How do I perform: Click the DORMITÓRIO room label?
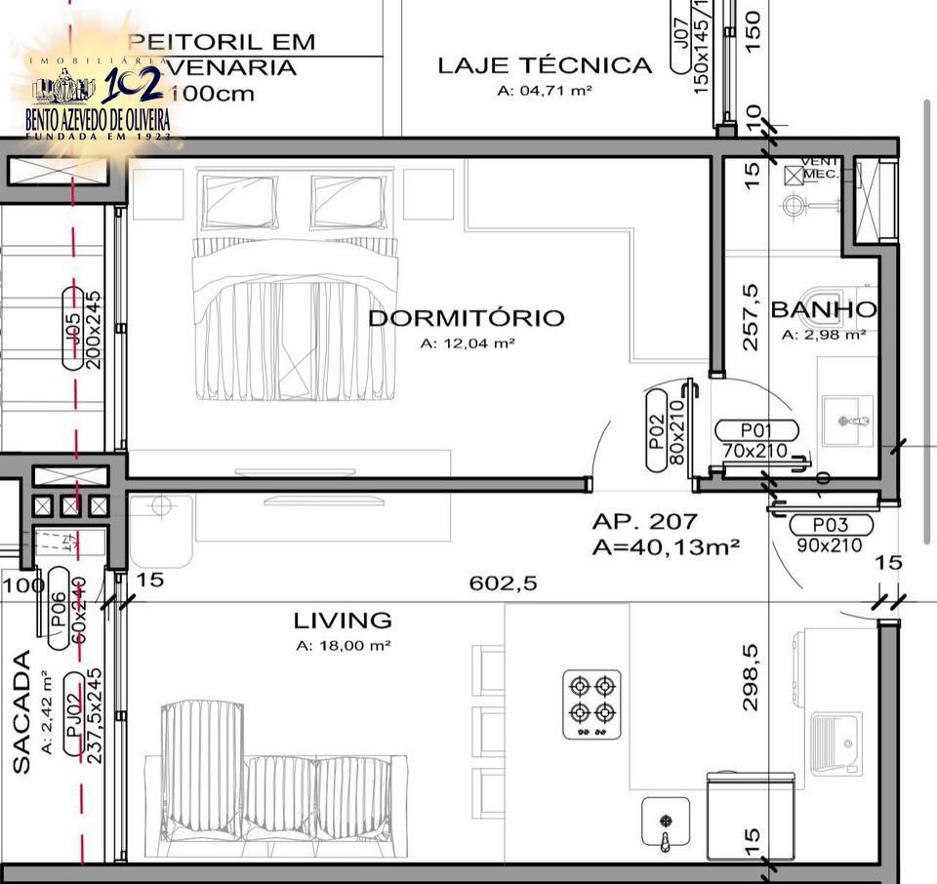click(x=466, y=318)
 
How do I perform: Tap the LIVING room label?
click(x=343, y=621)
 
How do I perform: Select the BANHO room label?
click(x=823, y=310)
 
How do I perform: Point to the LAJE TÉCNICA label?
click(x=545, y=65)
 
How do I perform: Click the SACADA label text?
click(x=22, y=721)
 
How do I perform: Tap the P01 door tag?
click(x=756, y=430)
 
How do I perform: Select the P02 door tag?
click(x=656, y=429)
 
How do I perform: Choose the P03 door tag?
click(x=831, y=525)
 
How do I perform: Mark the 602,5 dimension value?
click(x=504, y=583)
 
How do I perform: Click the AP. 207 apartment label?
click(x=644, y=522)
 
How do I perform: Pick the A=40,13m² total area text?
click(x=666, y=546)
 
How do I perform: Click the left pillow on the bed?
click(x=238, y=201)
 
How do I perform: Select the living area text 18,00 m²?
click(x=343, y=646)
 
